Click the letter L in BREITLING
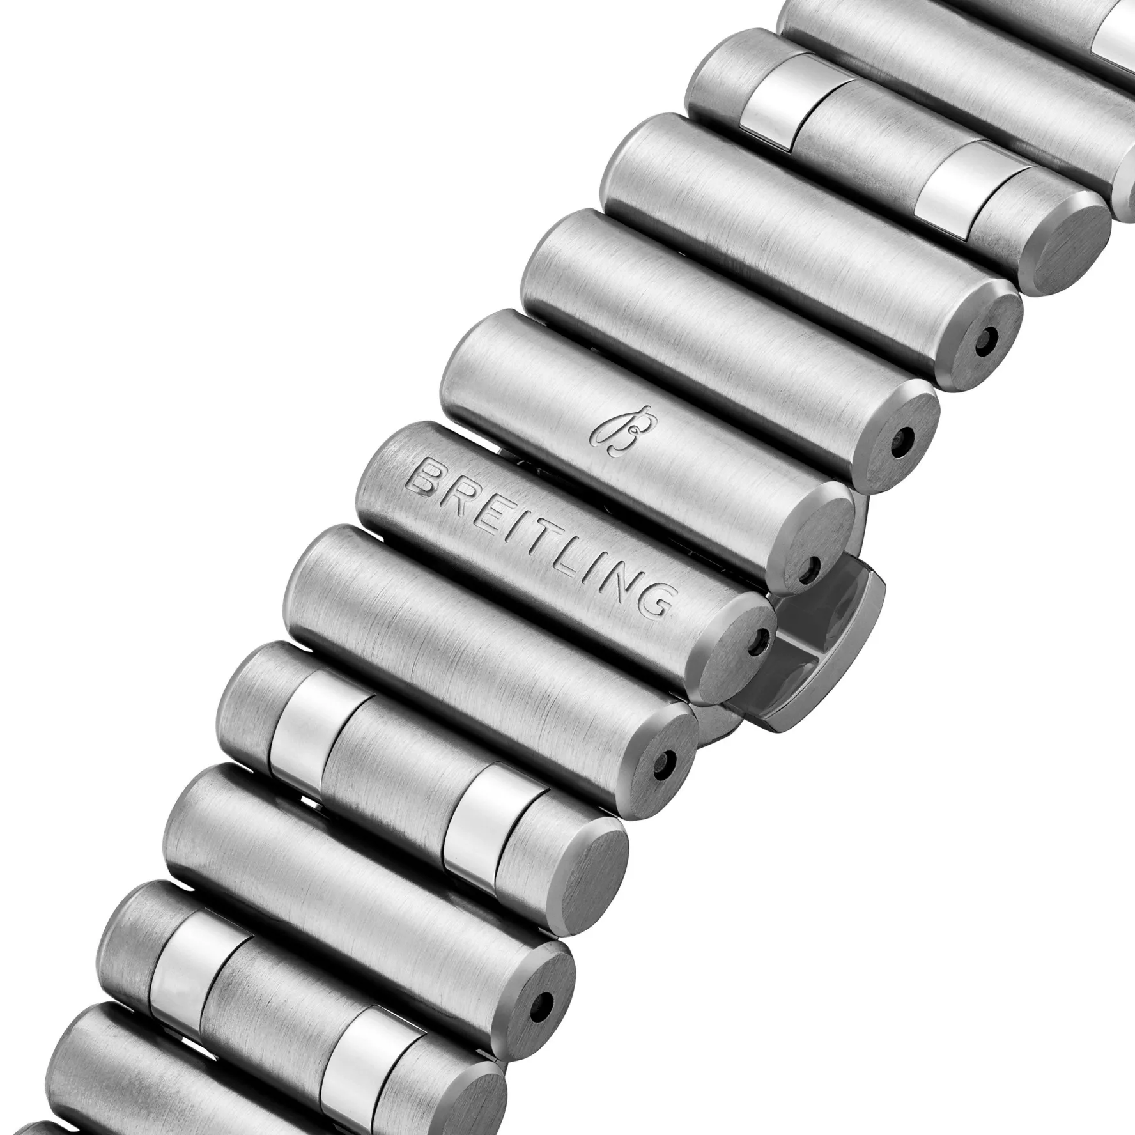[572, 560]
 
